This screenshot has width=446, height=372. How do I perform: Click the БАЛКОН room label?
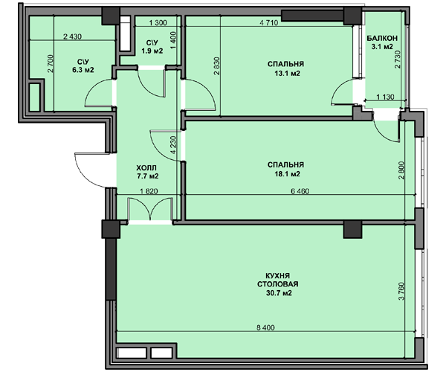382,38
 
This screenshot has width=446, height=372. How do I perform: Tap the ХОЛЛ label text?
146,167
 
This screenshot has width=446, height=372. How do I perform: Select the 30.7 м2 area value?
279,293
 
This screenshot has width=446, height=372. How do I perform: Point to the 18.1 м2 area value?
287,173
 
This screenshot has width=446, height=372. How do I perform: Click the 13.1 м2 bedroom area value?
287,74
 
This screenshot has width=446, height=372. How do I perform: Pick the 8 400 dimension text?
265,327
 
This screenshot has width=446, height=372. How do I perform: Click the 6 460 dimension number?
300,191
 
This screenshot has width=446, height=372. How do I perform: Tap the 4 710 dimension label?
269,23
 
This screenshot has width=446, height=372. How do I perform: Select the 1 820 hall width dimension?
149,191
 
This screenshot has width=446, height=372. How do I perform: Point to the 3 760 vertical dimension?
401,291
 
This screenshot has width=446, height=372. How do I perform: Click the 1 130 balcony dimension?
385,97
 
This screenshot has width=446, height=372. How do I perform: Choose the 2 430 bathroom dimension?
72,36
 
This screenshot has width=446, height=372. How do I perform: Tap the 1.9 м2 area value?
152,51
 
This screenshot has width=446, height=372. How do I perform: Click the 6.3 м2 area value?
83,70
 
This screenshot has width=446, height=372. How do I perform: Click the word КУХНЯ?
277,276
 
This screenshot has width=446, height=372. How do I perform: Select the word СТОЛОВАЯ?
277,284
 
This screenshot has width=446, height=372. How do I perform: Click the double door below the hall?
150,209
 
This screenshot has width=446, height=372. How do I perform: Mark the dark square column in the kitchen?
352,229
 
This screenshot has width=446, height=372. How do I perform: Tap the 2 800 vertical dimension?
401,170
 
